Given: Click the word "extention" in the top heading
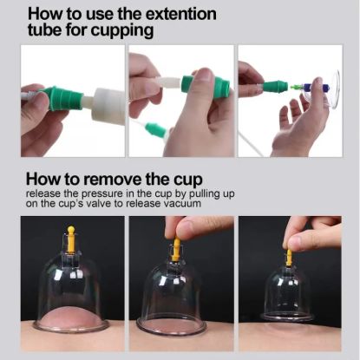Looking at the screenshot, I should click(181, 14).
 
